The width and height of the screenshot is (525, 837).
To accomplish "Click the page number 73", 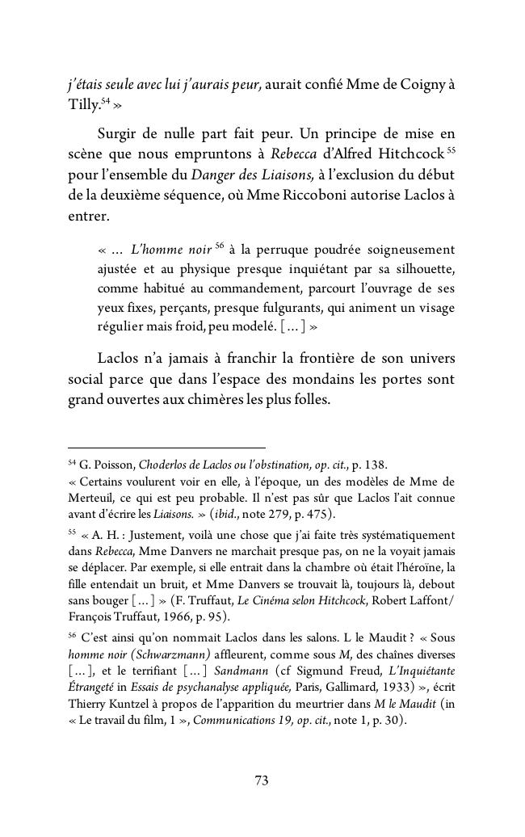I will tap(262, 780).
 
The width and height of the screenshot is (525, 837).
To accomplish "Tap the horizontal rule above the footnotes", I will tap(166, 448).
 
